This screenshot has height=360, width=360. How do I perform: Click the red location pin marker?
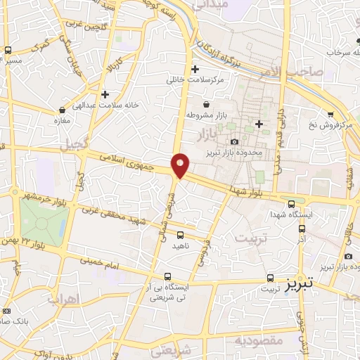tap(181, 165)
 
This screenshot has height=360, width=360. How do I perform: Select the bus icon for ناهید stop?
tap(180, 236)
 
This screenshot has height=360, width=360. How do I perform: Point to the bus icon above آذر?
tap(302, 228)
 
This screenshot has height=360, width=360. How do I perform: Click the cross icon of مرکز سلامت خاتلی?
tap(195, 69)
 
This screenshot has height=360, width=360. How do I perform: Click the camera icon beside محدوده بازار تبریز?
tap(214, 143)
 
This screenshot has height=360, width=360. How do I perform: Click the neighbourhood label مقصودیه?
tap(258, 341)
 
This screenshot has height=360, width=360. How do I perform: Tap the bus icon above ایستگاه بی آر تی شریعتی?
tap(167, 277)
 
